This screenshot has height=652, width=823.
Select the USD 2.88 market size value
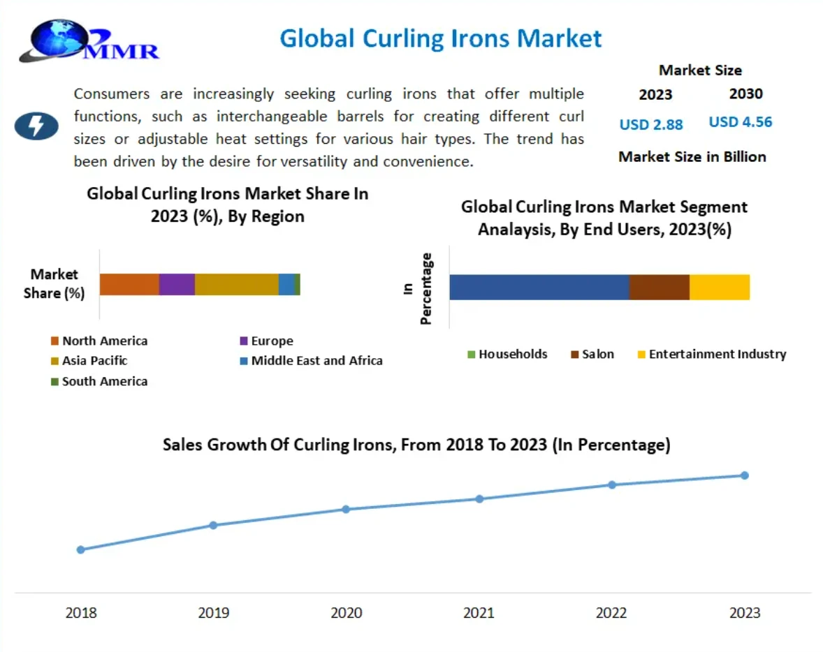pyautogui.click(x=650, y=125)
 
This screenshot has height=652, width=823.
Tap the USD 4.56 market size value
pyautogui.click(x=740, y=122)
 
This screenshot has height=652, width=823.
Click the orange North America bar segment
pyautogui.click(x=129, y=285)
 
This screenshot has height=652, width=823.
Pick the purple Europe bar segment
pyautogui.click(x=177, y=285)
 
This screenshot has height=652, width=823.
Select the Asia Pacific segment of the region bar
pyautogui.click(x=236, y=285)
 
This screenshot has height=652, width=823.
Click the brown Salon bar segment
pyautogui.click(x=659, y=287)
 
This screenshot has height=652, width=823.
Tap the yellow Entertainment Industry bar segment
pyautogui.click(x=720, y=287)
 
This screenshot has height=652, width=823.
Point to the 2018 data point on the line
pyautogui.click(x=80, y=549)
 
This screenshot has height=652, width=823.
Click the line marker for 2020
pyautogui.click(x=346, y=509)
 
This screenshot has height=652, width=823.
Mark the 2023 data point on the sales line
pyautogui.click(x=744, y=475)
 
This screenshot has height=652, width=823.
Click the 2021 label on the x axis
pyautogui.click(x=479, y=613)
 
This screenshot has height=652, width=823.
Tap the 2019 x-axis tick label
pyautogui.click(x=213, y=613)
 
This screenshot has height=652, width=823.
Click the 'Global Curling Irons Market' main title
pyautogui.click(x=440, y=38)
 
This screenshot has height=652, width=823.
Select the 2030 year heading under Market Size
pyautogui.click(x=745, y=94)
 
